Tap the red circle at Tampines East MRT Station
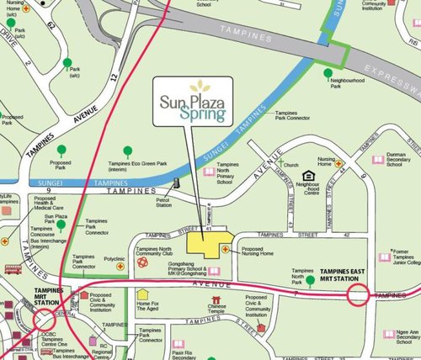coord(359,295)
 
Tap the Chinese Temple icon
coord(217,299)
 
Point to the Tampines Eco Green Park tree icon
coord(128,151)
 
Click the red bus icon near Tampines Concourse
coord(13,270)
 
